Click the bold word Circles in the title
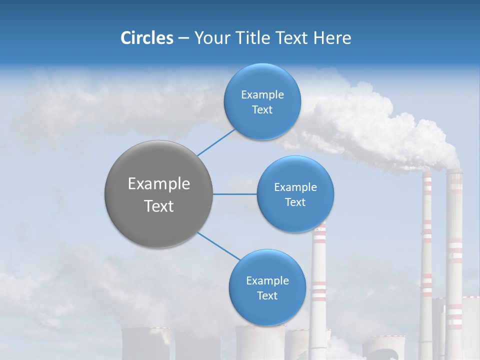click(146, 37)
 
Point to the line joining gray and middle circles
click(235, 194)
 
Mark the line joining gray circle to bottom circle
click(218, 246)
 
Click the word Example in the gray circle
click(159, 184)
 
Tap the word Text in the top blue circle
click(262, 110)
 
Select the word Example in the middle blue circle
click(295, 187)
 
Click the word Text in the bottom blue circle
click(267, 295)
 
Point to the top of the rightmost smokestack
click(454, 173)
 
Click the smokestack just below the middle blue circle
click(318, 280)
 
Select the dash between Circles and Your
click(183, 37)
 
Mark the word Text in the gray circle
click(159, 206)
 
